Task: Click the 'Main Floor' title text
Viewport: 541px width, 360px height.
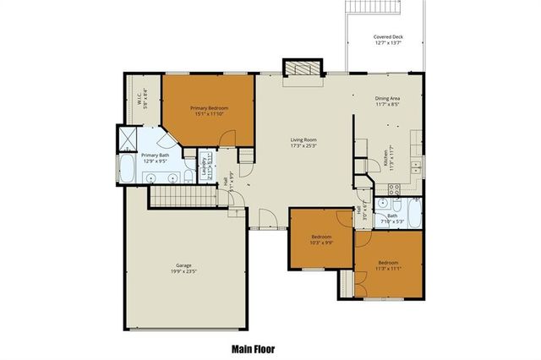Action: [x=253, y=348]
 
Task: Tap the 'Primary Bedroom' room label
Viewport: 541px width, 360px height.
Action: [x=209, y=108]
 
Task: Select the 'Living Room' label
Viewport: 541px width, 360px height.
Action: [x=303, y=140]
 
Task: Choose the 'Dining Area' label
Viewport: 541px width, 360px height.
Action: [x=389, y=99]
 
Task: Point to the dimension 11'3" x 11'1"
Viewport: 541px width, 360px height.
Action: [x=388, y=268]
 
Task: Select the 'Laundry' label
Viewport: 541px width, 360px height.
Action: [x=205, y=166]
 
